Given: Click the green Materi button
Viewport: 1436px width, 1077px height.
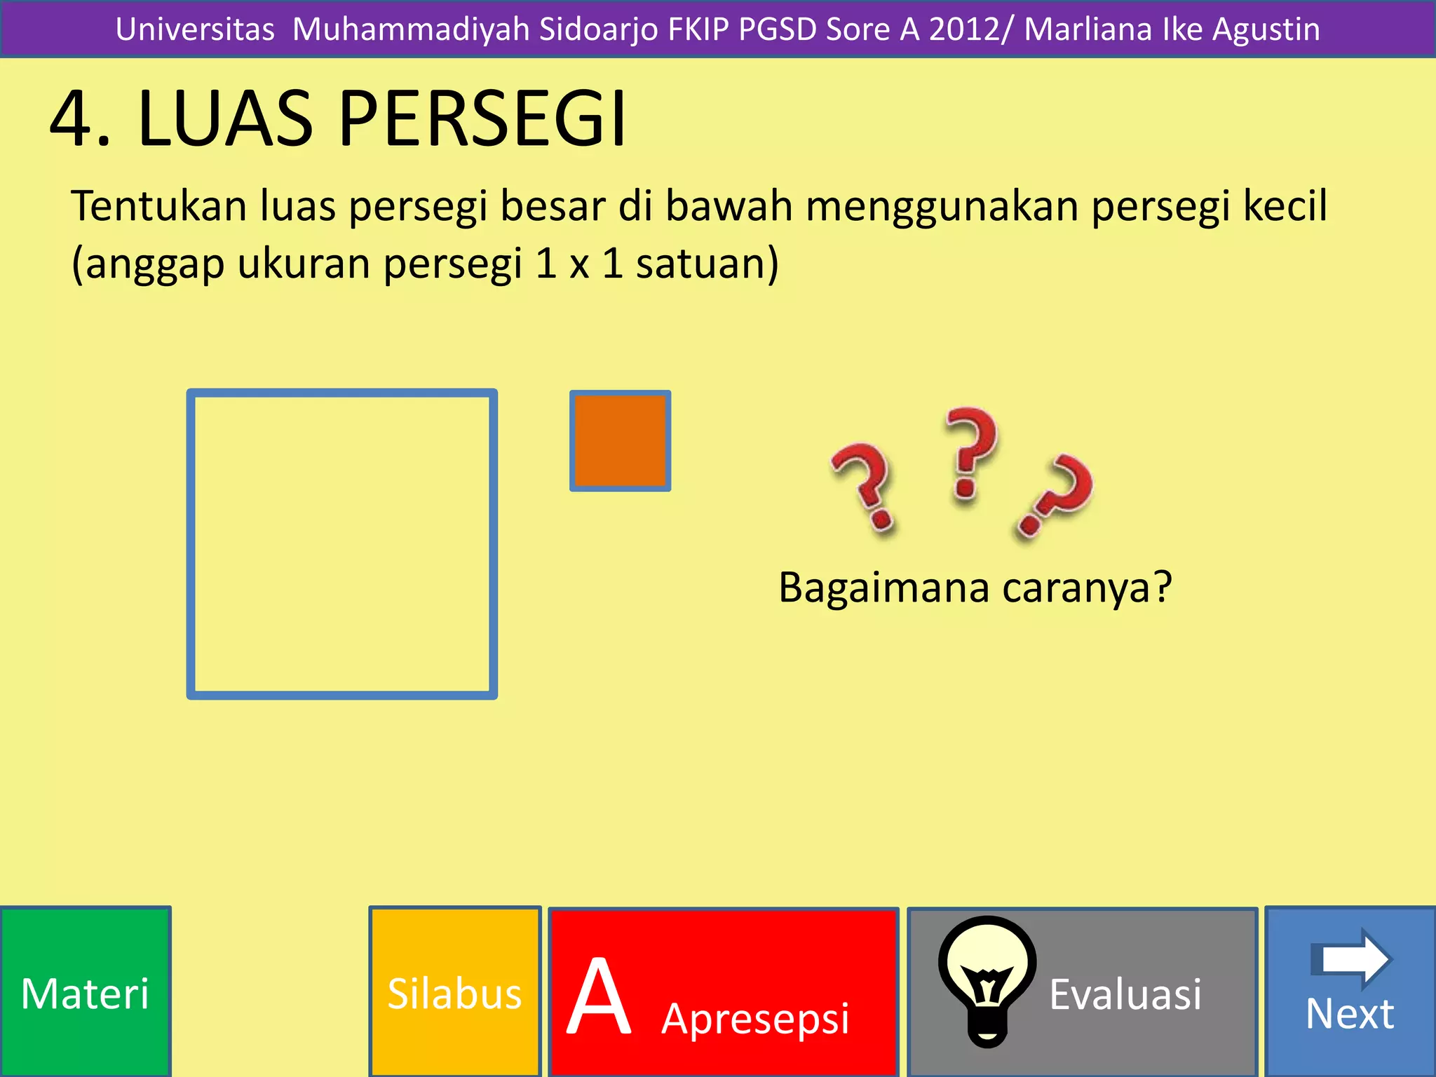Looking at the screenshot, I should tap(85, 992).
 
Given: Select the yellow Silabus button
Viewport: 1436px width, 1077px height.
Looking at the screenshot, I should tap(454, 992).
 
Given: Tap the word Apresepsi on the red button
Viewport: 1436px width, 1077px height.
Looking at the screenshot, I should tap(755, 1017).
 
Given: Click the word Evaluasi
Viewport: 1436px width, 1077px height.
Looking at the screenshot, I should tap(1125, 994).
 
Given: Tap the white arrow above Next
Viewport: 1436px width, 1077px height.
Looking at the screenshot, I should tap(1351, 958).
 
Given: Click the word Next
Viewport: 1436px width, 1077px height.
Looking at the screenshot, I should tap(1350, 1014).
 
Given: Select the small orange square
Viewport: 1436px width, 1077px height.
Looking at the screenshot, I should tap(620, 440).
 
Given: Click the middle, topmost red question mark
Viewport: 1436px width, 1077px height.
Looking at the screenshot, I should tap(970, 452).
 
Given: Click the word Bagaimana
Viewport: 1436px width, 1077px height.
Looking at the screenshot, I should tap(884, 587).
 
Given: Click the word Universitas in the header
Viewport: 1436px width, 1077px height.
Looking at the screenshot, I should tap(195, 29).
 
